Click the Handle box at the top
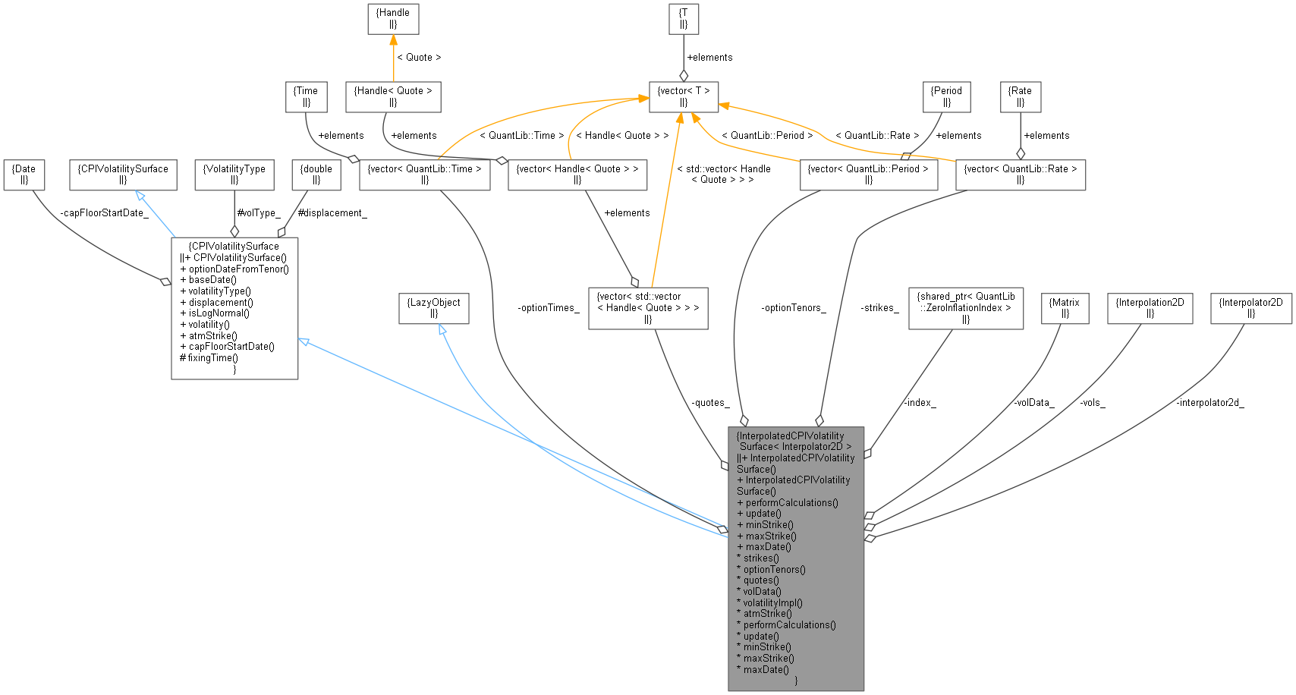(393, 19)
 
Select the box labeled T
(684, 19)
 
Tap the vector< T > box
(684, 96)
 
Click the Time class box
(306, 96)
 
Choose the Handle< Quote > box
(393, 96)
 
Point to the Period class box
(947, 96)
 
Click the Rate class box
(1021, 96)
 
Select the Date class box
(24, 175)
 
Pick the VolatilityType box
(234, 175)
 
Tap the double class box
(316, 175)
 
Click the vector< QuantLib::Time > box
(424, 175)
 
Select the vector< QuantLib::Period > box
(869, 175)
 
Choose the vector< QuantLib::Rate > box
(1021, 175)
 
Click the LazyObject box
(435, 308)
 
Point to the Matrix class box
(1065, 308)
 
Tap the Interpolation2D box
(1150, 308)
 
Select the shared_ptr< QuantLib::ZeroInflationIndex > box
(966, 308)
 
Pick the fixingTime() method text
(212, 357)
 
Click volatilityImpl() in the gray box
(772, 602)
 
